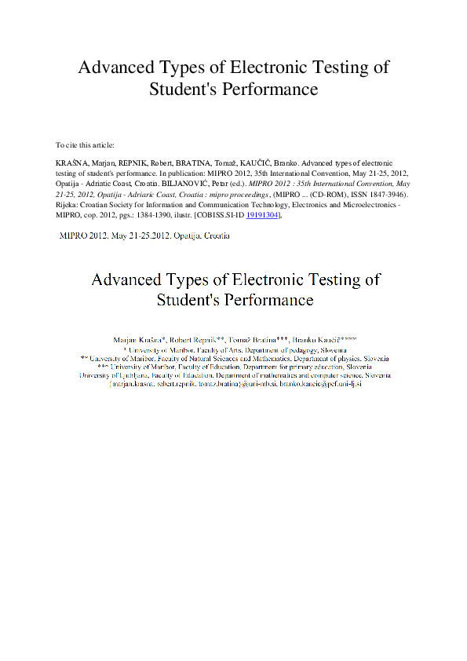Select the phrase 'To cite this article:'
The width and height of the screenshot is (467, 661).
85,145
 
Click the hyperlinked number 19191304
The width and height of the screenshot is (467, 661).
261,214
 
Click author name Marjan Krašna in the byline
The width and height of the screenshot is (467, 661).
139,338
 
